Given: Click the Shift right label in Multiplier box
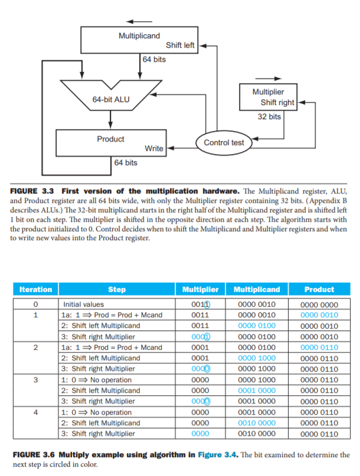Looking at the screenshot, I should (277, 103).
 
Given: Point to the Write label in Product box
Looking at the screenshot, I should (154, 148).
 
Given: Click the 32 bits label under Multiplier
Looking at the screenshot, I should (269, 117).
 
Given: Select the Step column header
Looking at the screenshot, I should (117, 290).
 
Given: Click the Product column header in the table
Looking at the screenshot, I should (319, 290).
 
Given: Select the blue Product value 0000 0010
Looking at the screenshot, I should (319, 315).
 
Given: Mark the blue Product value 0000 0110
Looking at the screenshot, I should (319, 347).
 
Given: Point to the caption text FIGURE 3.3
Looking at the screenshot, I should (34, 191).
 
